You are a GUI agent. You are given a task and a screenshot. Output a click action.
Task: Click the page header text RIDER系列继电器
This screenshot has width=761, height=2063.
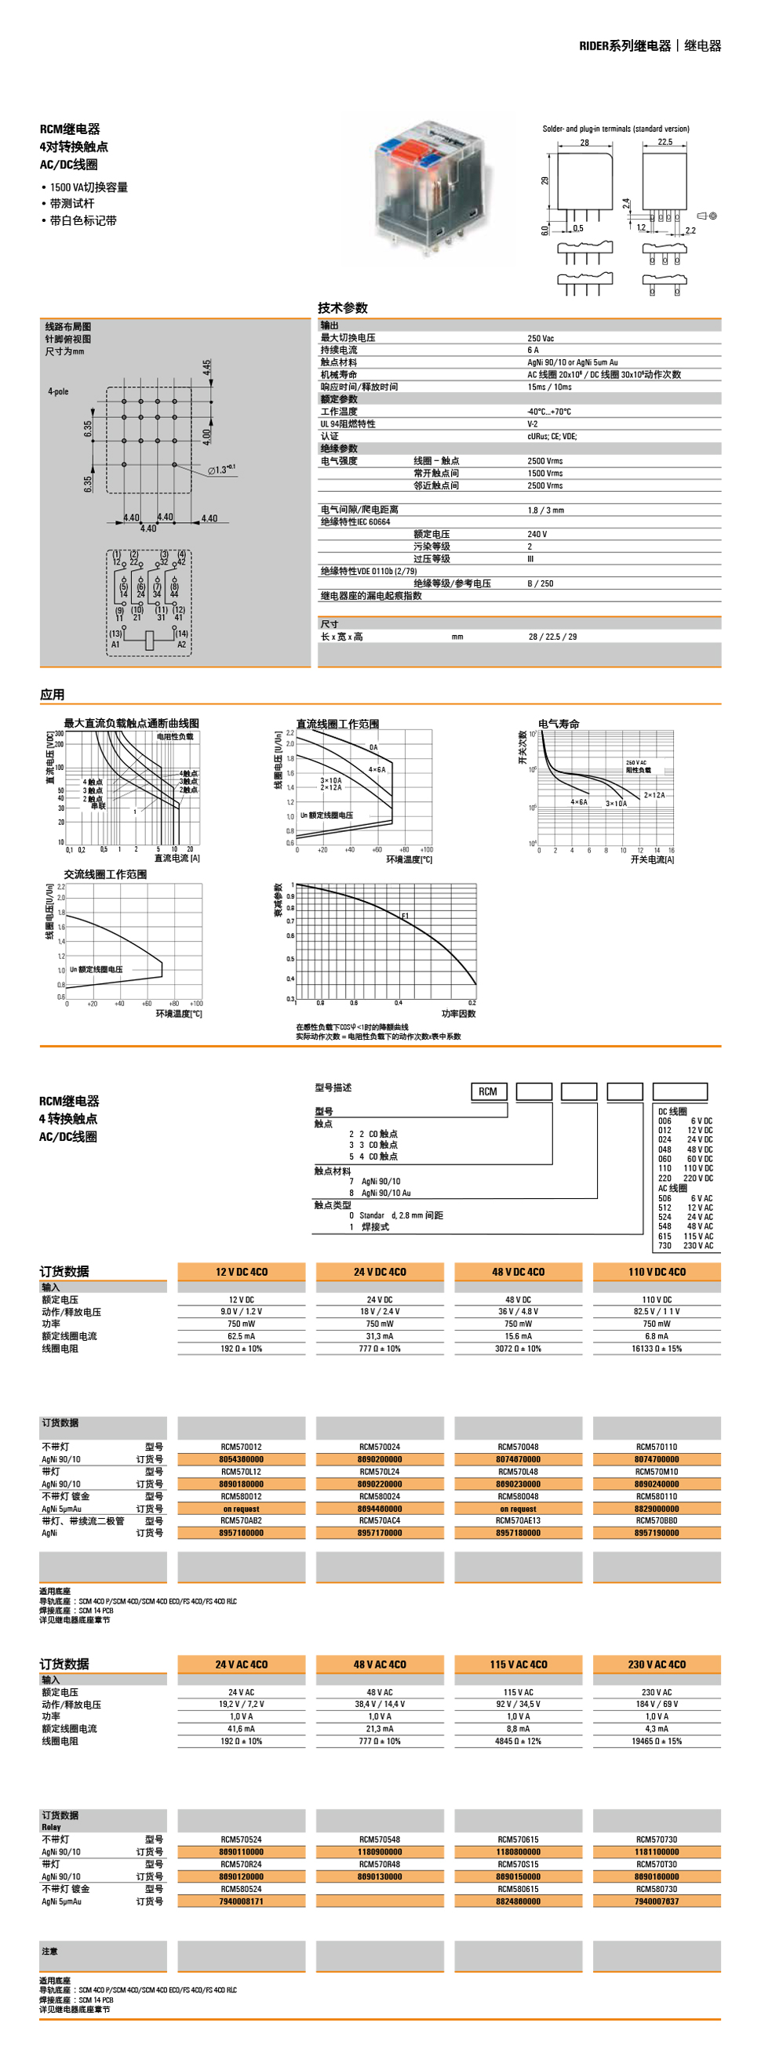pyautogui.click(x=624, y=45)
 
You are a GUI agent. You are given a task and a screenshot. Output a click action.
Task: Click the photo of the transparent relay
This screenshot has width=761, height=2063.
pyautogui.click(x=429, y=184)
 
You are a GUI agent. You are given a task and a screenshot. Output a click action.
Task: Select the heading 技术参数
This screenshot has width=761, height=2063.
pyautogui.click(x=342, y=307)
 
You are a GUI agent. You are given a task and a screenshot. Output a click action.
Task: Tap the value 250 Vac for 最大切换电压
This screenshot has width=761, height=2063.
pyautogui.click(x=541, y=338)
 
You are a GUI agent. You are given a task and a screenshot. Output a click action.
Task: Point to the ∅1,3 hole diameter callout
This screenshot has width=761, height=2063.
pyautogui.click(x=222, y=470)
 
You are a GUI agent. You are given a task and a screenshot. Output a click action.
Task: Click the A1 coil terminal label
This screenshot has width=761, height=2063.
pyautogui.click(x=115, y=644)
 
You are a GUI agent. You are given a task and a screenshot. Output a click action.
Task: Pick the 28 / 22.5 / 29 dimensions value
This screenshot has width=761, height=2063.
pyautogui.click(x=552, y=637)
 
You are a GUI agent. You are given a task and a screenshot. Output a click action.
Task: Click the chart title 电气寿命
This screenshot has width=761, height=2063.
pyautogui.click(x=559, y=723)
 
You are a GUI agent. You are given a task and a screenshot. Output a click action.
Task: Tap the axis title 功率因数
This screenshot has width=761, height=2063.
pyautogui.click(x=458, y=1013)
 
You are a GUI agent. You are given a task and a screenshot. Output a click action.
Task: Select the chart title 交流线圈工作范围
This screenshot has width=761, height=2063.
pyautogui.click(x=105, y=874)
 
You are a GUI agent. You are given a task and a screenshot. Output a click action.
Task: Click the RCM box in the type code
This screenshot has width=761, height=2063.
pyautogui.click(x=488, y=1091)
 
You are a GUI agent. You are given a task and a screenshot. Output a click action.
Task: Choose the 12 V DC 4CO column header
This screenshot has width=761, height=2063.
pyautogui.click(x=241, y=1272)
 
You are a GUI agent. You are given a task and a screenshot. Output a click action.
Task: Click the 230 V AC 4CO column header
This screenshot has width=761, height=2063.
pyautogui.click(x=657, y=1664)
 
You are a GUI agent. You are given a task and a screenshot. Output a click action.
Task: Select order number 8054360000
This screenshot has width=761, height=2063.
pyautogui.click(x=241, y=1459)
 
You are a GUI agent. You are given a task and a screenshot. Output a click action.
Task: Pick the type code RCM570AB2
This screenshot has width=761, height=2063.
pyautogui.click(x=241, y=1520)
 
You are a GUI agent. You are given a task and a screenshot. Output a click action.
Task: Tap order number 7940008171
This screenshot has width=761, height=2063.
pyautogui.click(x=241, y=1901)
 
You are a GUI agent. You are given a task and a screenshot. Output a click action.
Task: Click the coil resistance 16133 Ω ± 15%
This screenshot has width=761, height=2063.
pyautogui.click(x=657, y=1349)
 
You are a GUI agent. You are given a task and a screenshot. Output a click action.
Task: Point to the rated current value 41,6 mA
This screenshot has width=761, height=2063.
pyautogui.click(x=241, y=1729)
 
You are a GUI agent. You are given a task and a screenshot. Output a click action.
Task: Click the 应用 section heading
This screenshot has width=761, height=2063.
pyautogui.click(x=52, y=695)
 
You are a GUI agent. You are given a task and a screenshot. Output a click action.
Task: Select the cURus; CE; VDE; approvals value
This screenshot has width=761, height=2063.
pyautogui.click(x=552, y=437)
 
